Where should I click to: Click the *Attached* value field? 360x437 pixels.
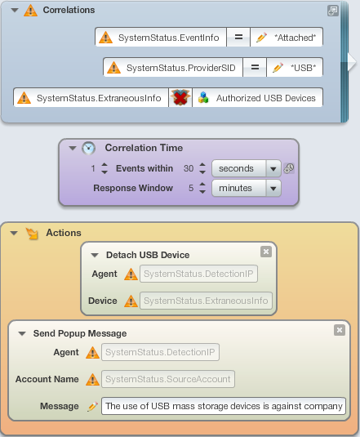pyautogui.click(x=287, y=37)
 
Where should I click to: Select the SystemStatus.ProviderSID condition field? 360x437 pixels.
pyautogui.click(x=173, y=68)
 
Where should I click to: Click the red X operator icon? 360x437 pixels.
pyautogui.click(x=180, y=98)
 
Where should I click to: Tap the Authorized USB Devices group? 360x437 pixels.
pyautogui.click(x=257, y=98)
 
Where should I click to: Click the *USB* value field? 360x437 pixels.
pyautogui.click(x=295, y=68)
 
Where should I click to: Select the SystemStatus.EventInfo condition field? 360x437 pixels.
pyautogui.click(x=161, y=37)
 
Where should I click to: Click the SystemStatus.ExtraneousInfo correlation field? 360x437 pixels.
pyautogui.click(x=91, y=98)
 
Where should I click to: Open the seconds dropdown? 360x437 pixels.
pyautogui.click(x=247, y=168)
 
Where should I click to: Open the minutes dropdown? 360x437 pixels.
pyautogui.click(x=247, y=188)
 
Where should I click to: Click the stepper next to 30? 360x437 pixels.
pyautogui.click(x=202, y=168)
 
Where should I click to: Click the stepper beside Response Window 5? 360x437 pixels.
pyautogui.click(x=202, y=188)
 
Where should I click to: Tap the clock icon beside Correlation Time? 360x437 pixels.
pyautogui.click(x=88, y=148)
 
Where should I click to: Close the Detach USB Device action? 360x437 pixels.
pyautogui.click(x=266, y=252)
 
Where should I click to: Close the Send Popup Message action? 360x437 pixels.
pyautogui.click(x=340, y=330)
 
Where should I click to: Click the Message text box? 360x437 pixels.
pyautogui.click(x=224, y=406)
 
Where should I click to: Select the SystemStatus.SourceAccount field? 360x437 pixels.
pyautogui.click(x=168, y=379)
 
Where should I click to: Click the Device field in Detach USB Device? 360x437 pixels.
pyautogui.click(x=206, y=301)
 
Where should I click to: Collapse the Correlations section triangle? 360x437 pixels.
pyautogui.click(x=15, y=11)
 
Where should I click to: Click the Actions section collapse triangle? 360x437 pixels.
pyautogui.click(x=14, y=233)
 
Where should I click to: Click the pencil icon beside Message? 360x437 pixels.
pyautogui.click(x=93, y=406)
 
